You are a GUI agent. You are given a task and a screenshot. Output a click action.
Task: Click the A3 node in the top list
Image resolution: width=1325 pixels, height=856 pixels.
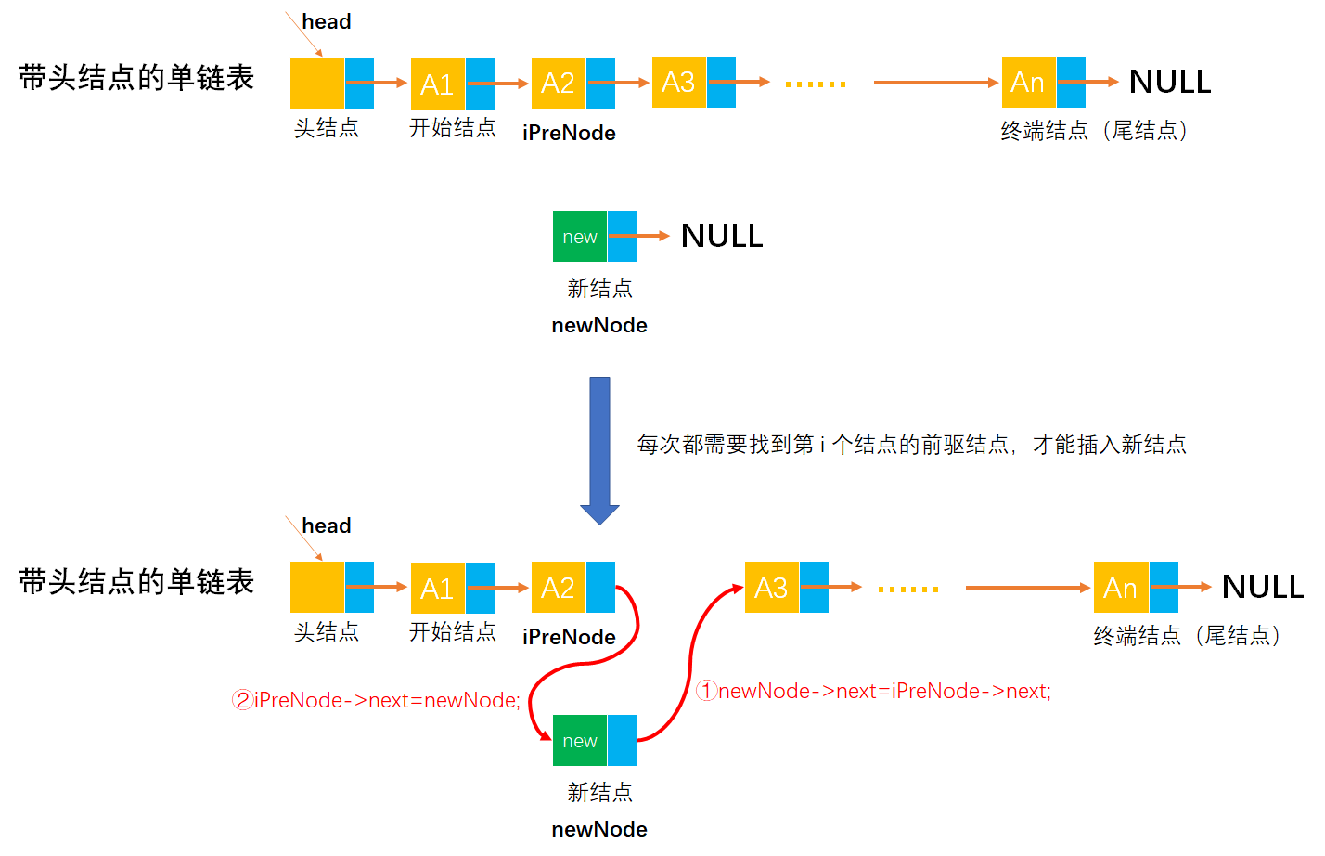(679, 83)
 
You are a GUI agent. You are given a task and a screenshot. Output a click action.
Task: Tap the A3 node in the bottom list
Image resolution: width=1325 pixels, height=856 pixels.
(772, 588)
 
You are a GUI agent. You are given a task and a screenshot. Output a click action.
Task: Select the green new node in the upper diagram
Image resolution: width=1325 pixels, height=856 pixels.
(580, 237)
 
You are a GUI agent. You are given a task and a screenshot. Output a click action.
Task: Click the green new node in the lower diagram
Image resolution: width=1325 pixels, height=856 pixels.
(580, 741)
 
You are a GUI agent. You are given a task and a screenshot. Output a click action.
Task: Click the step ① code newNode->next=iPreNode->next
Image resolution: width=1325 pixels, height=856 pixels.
(874, 691)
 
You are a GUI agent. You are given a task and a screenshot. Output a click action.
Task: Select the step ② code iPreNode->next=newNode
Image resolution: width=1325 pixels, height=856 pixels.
(377, 700)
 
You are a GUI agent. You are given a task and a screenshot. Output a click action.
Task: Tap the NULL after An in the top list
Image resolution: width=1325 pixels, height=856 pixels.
(1169, 83)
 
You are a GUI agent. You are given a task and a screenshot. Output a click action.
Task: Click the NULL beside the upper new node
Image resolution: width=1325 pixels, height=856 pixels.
(722, 237)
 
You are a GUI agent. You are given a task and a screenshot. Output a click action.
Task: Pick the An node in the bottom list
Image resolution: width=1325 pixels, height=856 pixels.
(1121, 588)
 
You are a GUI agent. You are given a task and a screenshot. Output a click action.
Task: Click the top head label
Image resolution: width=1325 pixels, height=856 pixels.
(327, 21)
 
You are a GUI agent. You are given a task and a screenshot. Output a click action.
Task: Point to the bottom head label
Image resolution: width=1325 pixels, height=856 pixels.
(327, 525)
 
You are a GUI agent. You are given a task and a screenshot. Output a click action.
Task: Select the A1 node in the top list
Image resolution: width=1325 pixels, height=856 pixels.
(438, 84)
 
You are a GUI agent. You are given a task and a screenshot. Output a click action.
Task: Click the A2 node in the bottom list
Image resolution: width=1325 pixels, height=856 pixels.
(559, 588)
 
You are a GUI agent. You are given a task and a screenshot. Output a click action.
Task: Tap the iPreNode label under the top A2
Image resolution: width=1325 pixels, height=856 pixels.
(569, 133)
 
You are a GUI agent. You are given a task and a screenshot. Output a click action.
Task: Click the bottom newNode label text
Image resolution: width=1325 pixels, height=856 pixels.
(599, 829)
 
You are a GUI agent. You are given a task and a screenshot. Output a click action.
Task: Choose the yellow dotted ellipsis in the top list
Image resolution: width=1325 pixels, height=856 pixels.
(816, 84)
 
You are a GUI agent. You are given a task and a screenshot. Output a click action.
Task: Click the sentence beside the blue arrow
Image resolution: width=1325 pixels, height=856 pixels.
(911, 445)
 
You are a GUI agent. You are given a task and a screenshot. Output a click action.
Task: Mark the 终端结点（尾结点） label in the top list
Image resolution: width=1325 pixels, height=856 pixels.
(1095, 131)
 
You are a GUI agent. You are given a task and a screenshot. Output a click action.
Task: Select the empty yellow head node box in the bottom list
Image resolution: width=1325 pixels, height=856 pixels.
(317, 588)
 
